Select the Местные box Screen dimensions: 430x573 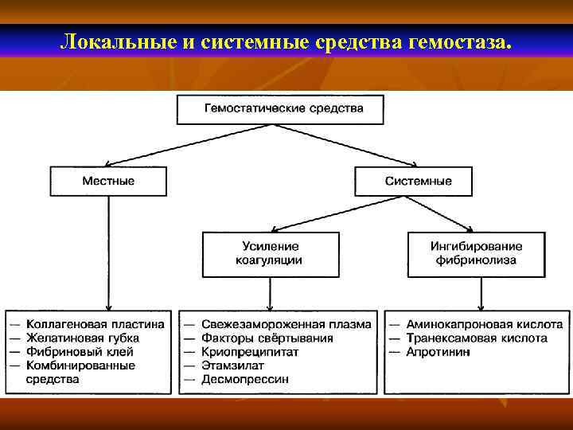pos(108,181)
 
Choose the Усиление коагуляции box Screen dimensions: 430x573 pos(270,253)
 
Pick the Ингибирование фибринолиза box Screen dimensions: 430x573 pos(476,253)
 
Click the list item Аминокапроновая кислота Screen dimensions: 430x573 pos(484,324)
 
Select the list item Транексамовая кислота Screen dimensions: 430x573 pos(477,338)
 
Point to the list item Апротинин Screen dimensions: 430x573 pos(438,351)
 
